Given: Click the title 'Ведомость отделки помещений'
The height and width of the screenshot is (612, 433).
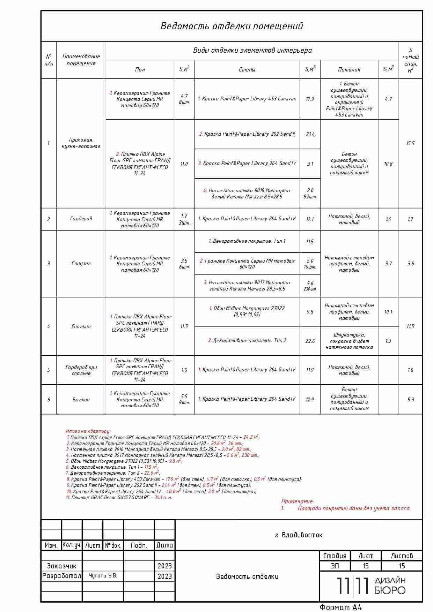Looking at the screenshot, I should [x=232, y=26].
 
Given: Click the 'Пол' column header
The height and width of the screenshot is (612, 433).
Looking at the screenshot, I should [x=140, y=70].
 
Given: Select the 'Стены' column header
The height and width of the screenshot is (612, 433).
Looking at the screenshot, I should [x=247, y=70].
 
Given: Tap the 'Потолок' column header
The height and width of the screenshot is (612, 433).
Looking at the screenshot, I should [x=349, y=70].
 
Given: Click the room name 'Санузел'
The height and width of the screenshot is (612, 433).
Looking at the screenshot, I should [x=81, y=264].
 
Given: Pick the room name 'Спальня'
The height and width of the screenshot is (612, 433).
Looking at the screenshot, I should [x=81, y=326].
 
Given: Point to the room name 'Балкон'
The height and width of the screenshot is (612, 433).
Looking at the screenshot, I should [x=81, y=400].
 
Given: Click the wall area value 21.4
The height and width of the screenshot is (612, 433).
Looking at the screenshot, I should [x=310, y=134].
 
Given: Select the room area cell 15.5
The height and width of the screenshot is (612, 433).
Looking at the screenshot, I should [x=410, y=143].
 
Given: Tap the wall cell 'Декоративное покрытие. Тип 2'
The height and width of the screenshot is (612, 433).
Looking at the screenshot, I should [x=247, y=341].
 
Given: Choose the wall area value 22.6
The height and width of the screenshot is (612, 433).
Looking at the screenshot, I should [x=310, y=341].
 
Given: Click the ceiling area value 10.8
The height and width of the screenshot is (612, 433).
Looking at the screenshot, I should [x=388, y=164].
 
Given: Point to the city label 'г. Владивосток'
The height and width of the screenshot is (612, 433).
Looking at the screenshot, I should [x=299, y=535].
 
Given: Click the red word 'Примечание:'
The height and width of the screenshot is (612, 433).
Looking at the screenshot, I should [x=298, y=501].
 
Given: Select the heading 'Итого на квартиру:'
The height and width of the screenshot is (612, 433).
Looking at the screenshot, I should [x=88, y=431].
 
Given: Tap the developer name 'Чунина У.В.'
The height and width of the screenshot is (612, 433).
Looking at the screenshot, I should [x=103, y=576].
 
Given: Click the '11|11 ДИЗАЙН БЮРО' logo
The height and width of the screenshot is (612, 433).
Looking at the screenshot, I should [x=371, y=586].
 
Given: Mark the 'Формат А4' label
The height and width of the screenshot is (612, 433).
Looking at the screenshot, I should [x=341, y=607].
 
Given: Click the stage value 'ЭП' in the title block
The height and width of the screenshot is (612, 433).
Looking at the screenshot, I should [x=335, y=566].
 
